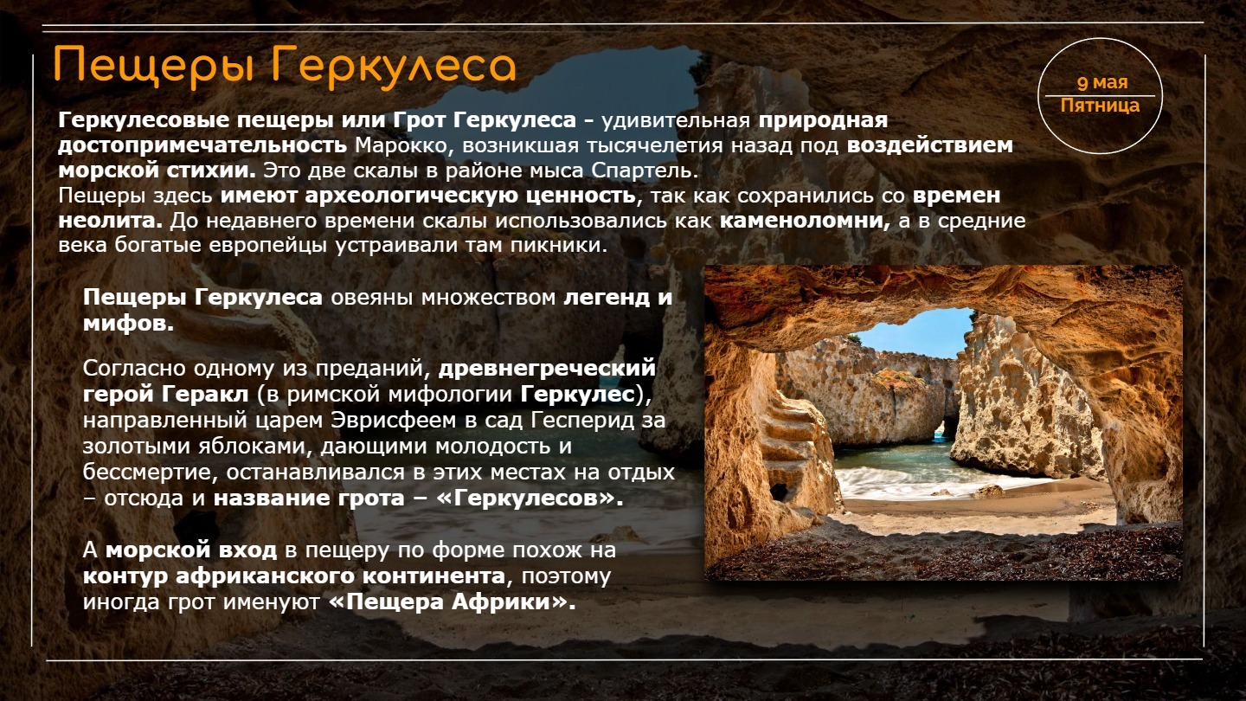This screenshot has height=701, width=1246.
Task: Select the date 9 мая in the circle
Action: [1102, 83]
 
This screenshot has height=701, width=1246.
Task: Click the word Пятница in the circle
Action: [1100, 106]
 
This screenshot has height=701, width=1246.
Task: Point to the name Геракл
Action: [205, 395]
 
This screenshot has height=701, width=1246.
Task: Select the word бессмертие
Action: [145, 472]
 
